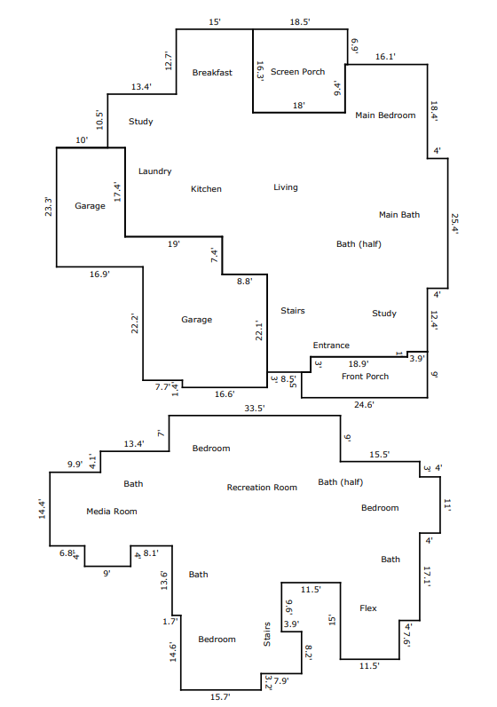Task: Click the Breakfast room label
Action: point(212,73)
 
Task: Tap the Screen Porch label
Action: point(297,72)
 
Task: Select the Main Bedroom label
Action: point(385,115)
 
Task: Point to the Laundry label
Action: point(155,171)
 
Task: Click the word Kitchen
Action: point(206,189)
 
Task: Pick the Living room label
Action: point(286,187)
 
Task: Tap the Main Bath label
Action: point(399,215)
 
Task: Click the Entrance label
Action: point(331,346)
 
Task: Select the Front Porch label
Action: point(365,377)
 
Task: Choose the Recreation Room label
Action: point(262,488)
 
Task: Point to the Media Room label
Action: point(112,512)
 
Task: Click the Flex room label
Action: point(368,608)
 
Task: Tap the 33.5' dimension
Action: point(255,408)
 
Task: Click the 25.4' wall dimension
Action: point(454,224)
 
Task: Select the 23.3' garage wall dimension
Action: point(48,207)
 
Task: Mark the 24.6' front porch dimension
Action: point(364,404)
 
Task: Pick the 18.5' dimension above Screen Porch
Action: point(300,21)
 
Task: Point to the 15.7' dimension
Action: point(220,696)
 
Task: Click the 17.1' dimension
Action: point(427,576)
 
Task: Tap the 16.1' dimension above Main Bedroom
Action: point(385,56)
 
